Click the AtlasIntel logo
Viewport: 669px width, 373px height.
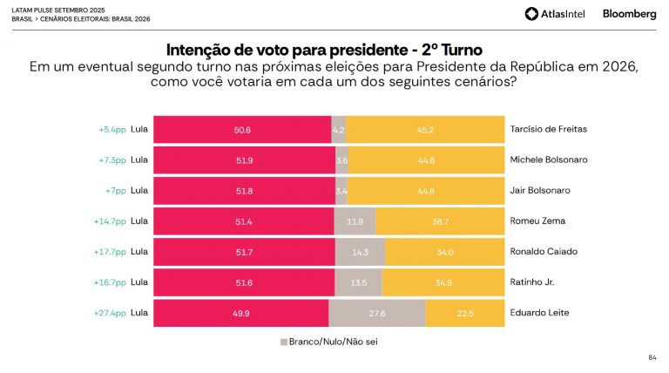click(x=554, y=13)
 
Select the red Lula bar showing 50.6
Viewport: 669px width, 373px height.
click(x=242, y=130)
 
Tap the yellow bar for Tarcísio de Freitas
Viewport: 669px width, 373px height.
click(x=425, y=130)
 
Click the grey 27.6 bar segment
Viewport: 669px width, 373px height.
click(x=376, y=313)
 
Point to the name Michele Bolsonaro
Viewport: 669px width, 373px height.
click(x=550, y=160)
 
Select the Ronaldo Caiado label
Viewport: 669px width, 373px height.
click(x=544, y=252)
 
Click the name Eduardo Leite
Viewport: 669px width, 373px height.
click(x=538, y=313)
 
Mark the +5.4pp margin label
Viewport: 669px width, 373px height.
click(x=112, y=130)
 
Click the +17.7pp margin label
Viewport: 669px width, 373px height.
click(x=110, y=252)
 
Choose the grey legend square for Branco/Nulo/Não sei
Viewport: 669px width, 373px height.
click(x=283, y=342)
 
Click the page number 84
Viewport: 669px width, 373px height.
click(x=652, y=358)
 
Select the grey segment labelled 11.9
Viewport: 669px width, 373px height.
click(x=355, y=221)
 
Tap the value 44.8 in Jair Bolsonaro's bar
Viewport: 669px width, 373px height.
click(x=425, y=191)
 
